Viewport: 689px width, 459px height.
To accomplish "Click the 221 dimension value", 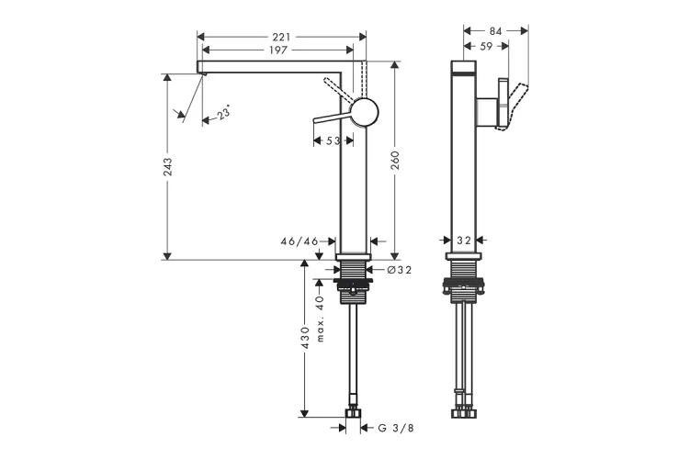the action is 281,37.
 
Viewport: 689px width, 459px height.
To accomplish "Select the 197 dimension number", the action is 278,50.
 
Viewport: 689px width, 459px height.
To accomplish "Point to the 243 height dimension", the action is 168,167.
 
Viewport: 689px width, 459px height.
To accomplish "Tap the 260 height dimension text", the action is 395,161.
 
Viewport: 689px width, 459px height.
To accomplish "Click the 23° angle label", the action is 224,112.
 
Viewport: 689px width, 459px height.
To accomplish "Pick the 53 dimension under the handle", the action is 333,140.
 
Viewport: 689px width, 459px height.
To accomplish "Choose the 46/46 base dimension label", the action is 299,241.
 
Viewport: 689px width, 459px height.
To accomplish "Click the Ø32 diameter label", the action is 400,270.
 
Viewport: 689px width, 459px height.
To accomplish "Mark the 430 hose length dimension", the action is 305,337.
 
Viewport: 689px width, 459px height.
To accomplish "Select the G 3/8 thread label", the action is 396,428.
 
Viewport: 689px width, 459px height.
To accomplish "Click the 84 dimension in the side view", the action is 496,30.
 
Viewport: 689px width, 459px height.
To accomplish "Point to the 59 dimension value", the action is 486,46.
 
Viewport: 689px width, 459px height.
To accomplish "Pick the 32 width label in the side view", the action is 464,241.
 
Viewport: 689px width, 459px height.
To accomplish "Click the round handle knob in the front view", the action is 365,112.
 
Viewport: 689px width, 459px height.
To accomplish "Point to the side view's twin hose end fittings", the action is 464,413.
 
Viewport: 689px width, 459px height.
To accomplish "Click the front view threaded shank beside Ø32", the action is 354,269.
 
